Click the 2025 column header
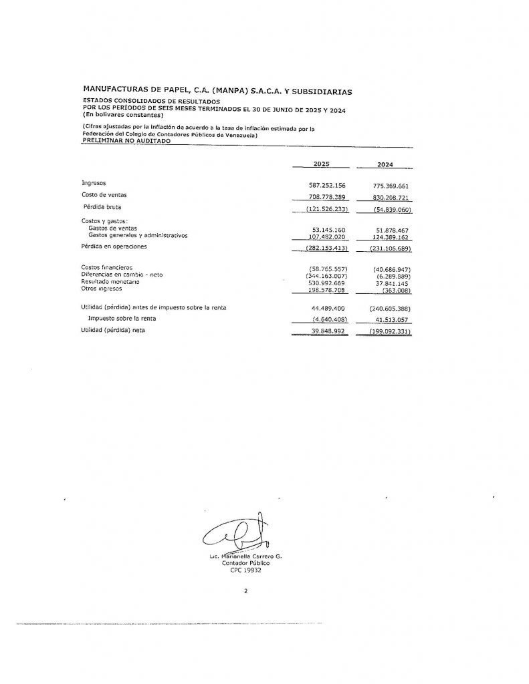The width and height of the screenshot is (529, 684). pyautogui.click(x=321, y=164)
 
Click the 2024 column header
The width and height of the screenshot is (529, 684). pyautogui.click(x=385, y=164)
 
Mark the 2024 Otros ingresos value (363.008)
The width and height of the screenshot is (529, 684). pyautogui.click(x=397, y=289)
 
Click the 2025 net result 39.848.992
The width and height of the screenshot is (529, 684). pyautogui.click(x=327, y=331)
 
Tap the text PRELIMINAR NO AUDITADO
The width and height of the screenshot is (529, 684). pyautogui.click(x=126, y=142)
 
